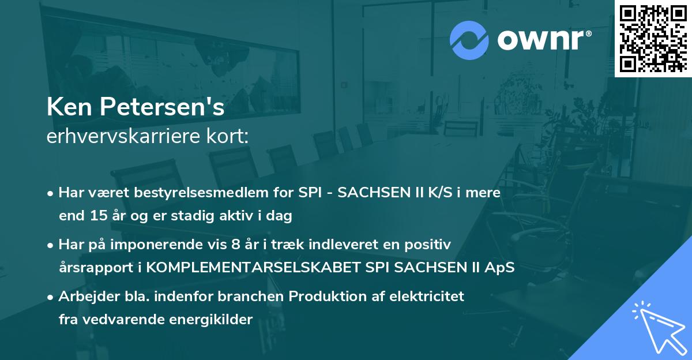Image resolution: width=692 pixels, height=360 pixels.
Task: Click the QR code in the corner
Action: click(x=653, y=38)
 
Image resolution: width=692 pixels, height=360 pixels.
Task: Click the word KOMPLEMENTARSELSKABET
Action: click(x=243, y=268)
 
